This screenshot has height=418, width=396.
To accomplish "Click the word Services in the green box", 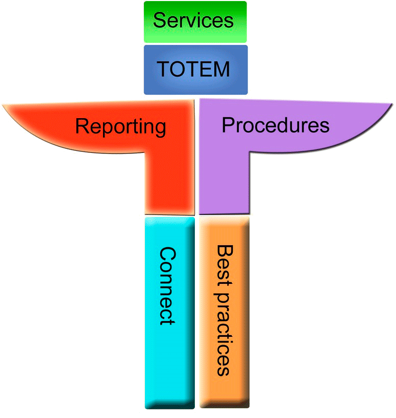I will coord(193,20).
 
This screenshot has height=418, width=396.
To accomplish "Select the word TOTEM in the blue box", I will coord(193,68).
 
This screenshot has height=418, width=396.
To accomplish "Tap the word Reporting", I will coord(120,125).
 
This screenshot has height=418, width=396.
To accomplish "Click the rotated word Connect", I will coord(168,286).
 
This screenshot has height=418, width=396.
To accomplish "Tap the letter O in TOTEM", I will coord(179,68).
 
